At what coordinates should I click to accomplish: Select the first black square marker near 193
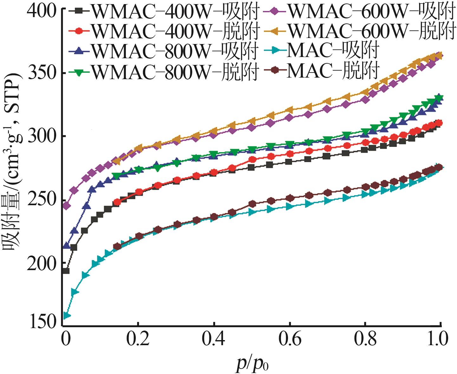(66, 271)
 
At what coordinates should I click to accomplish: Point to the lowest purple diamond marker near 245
(67, 206)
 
